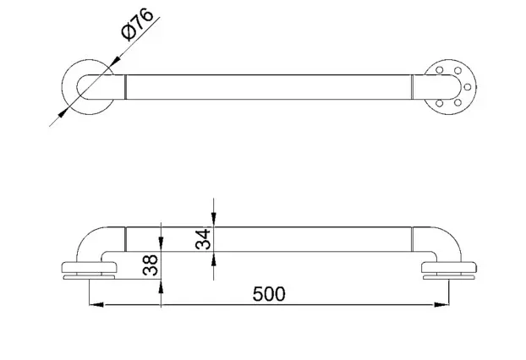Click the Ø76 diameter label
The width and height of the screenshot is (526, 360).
pos(137,25)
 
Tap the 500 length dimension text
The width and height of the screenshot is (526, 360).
pos(269,294)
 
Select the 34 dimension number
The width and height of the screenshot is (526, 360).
pos(203,239)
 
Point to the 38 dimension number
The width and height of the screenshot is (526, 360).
pos(150,265)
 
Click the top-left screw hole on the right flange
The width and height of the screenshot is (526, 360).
pos(440,70)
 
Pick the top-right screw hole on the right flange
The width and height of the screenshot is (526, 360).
pos(458,70)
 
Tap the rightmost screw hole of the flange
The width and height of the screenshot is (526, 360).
pos(468,87)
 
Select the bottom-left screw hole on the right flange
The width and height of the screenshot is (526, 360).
pos(440,103)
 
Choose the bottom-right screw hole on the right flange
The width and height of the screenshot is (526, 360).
pos(458,102)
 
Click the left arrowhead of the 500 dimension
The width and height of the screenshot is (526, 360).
pos(96,304)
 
